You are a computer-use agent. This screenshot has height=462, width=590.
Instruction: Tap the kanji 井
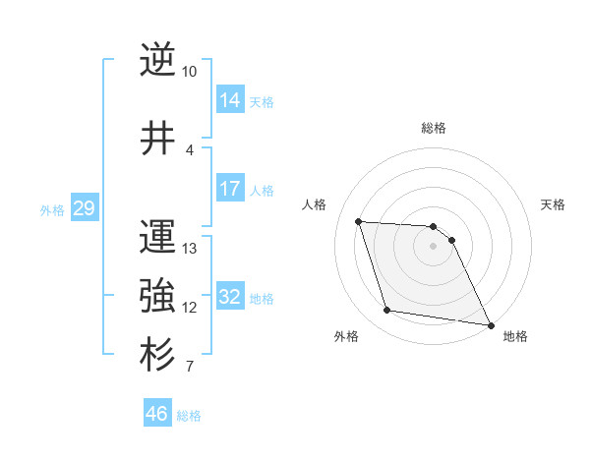pos(157,138)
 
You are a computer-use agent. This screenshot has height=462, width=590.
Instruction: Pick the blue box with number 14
pos(230,99)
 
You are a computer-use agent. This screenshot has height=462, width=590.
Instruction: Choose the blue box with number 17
pos(230,189)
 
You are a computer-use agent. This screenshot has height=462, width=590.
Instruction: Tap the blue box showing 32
pos(230,296)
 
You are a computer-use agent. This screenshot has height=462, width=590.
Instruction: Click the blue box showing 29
pos(85,207)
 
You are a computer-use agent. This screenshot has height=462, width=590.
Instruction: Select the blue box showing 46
pos(157,413)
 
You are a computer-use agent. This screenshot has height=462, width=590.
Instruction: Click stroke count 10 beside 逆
pos(189,72)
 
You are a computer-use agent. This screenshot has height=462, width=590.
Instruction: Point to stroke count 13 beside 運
pos(190,248)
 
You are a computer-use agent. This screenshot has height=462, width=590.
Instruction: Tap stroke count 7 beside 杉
pos(189,368)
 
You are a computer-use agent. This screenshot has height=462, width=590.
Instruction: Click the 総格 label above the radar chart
pos(434,128)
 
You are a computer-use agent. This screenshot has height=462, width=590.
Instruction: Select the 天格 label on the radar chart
pos(553,204)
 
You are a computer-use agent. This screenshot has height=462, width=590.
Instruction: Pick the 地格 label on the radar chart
pos(515,336)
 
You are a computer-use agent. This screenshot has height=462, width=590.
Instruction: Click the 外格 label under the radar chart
pos(346,336)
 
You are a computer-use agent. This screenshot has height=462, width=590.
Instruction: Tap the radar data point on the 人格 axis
pos(359,221)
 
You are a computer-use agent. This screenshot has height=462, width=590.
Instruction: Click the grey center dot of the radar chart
pos(434,246)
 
